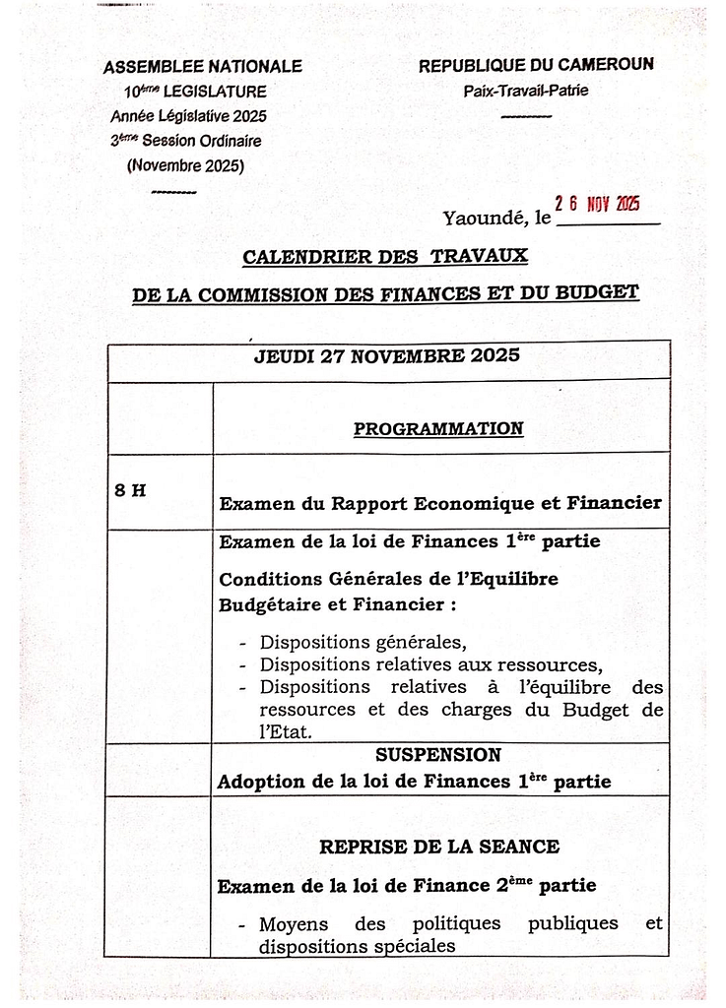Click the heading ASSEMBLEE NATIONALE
click(203, 67)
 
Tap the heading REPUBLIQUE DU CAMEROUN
click(536, 66)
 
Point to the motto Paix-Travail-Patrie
click(527, 92)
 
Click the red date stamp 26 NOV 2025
click(598, 204)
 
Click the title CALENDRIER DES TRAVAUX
click(385, 257)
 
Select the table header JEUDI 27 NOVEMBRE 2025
click(387, 355)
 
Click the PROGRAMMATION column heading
click(438, 428)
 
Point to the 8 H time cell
click(130, 489)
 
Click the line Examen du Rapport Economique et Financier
click(439, 503)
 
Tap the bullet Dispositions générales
click(363, 642)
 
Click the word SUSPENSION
click(438, 755)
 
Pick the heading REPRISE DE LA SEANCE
click(439, 847)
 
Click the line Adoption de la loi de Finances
click(414, 782)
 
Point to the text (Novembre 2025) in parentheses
click(185, 165)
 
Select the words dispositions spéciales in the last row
click(358, 946)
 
